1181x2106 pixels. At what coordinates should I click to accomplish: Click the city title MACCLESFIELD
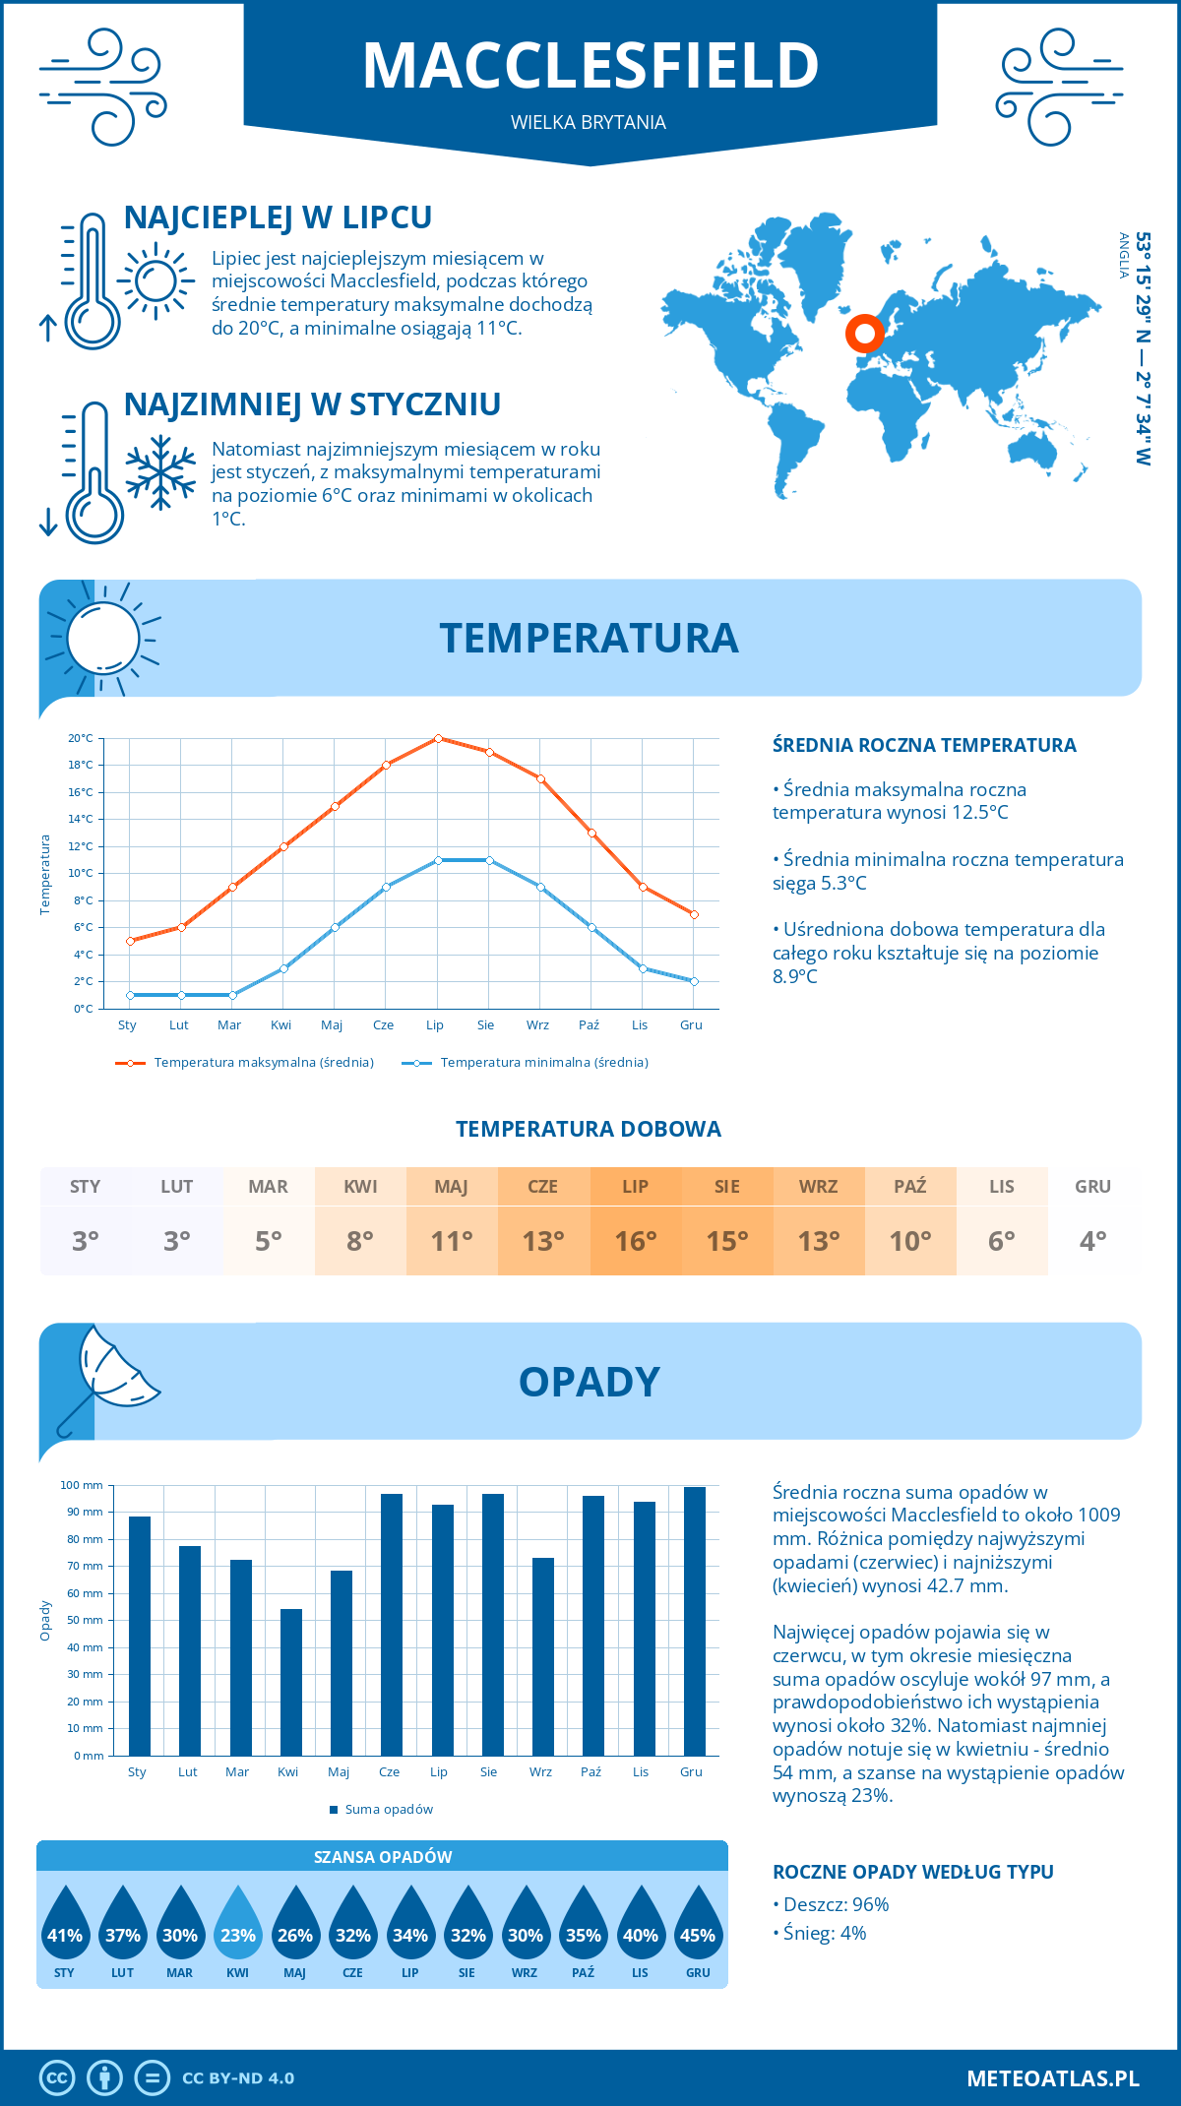[x=590, y=66]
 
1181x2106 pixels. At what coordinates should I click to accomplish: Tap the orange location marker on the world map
[x=865, y=334]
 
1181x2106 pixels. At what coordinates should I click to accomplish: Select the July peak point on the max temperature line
[x=438, y=738]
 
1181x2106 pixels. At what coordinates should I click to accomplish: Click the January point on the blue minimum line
[x=130, y=995]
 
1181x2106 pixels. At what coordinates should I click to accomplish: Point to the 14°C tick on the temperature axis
[x=81, y=819]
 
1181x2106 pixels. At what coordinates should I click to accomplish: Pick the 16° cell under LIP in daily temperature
[x=636, y=1241]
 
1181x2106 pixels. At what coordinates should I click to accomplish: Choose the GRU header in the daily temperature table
[x=1092, y=1187]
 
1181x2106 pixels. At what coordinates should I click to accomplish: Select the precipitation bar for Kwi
[x=291, y=1682]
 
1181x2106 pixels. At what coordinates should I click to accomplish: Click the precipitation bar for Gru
[x=695, y=1621]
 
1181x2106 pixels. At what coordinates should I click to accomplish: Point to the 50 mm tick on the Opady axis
[x=86, y=1620]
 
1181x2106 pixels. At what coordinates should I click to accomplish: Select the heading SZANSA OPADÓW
[x=383, y=1857]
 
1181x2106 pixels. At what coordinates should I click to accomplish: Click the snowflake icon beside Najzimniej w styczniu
[x=160, y=472]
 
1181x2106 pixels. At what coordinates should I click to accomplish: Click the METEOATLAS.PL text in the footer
[x=1052, y=2078]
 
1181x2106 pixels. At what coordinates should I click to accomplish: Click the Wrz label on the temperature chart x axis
[x=537, y=1025]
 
